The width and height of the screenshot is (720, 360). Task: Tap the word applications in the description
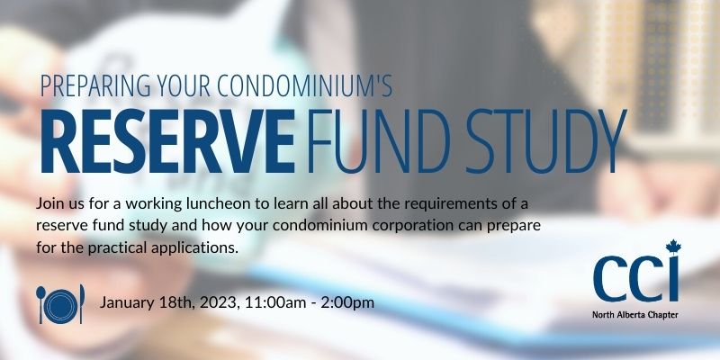pos(194,245)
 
